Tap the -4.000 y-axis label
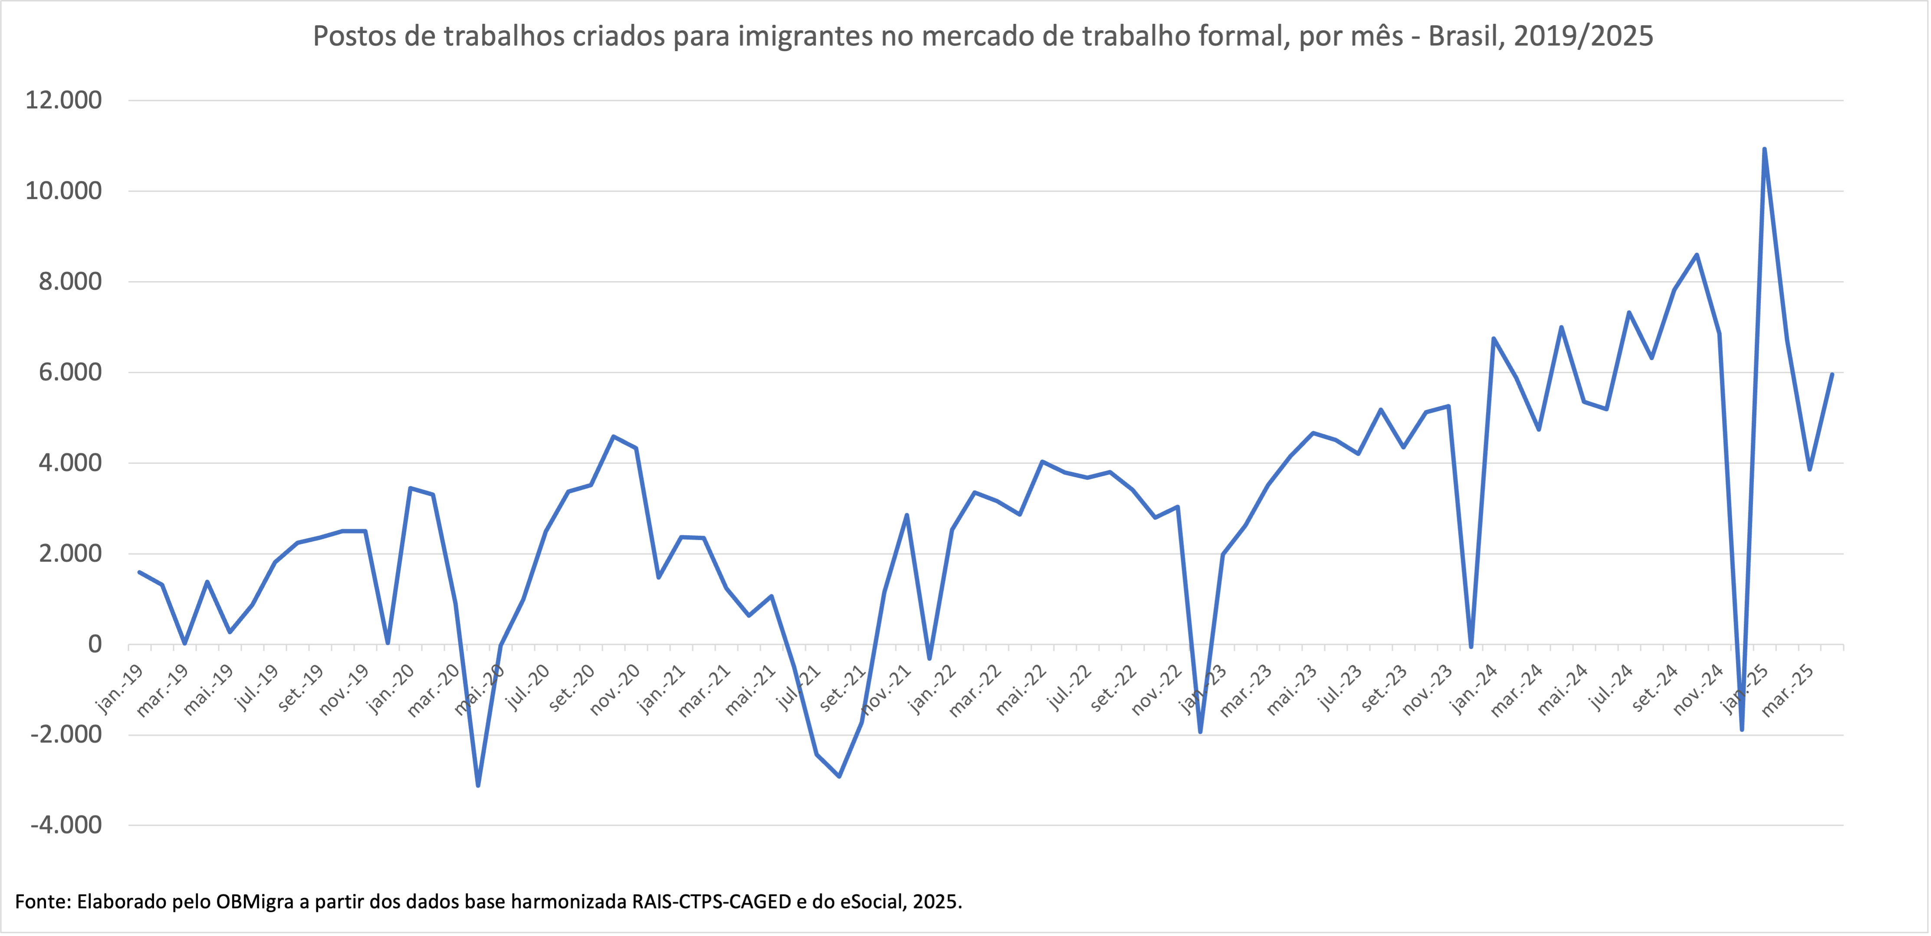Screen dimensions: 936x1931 point(66,825)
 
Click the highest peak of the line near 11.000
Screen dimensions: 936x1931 point(1764,149)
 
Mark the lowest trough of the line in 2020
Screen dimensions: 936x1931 point(478,785)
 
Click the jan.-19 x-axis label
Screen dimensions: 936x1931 point(120,690)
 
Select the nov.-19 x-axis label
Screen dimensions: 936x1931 point(343,690)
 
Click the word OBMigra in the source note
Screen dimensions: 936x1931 point(254,901)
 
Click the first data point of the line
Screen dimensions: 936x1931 point(139,573)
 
